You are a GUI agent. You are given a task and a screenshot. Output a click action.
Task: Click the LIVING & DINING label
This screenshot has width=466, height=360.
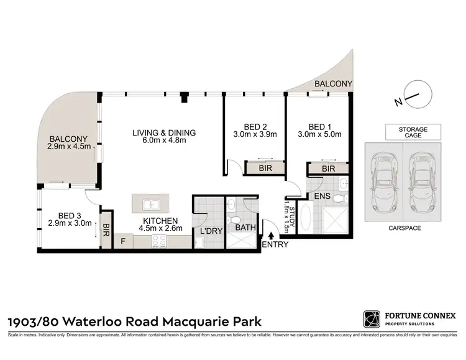164,132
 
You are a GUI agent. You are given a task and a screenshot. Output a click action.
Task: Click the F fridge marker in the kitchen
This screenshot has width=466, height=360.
122,240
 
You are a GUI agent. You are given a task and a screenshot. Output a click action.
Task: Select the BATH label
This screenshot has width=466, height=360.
245,228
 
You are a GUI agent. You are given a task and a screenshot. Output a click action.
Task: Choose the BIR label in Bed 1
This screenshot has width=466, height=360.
328,168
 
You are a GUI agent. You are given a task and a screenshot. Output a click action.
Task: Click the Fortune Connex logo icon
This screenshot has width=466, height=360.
371,320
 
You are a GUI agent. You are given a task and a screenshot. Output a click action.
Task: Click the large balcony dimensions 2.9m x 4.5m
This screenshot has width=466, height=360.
69,147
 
